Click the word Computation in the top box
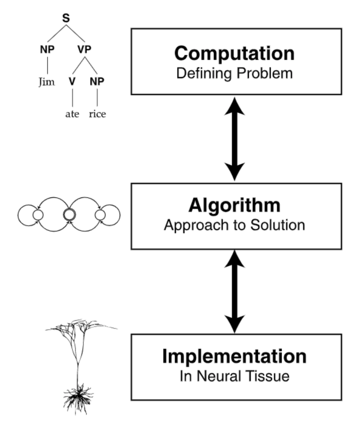click(x=234, y=54)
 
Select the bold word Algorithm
click(x=234, y=205)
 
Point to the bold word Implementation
click(x=234, y=357)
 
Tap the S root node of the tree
click(x=65, y=19)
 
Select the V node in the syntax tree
click(x=72, y=81)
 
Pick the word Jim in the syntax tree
click(x=47, y=82)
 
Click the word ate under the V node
click(x=72, y=114)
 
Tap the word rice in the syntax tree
click(x=97, y=114)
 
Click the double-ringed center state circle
click(x=68, y=215)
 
